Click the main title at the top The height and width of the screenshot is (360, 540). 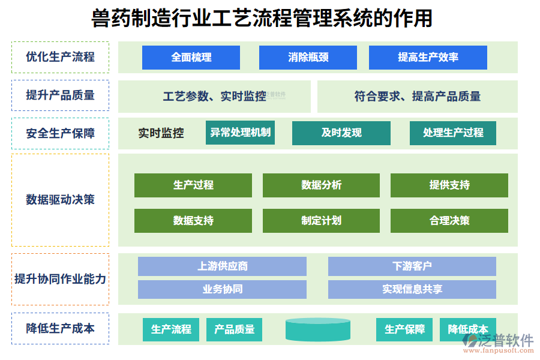click(262, 18)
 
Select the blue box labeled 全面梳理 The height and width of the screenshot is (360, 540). click(191, 58)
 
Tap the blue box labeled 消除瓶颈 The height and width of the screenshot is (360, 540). click(308, 58)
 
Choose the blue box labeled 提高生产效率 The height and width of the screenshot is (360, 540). click(428, 58)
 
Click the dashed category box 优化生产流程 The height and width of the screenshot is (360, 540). click(60, 58)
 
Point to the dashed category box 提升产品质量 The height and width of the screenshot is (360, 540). click(60, 95)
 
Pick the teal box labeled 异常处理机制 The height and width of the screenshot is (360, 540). click(240, 133)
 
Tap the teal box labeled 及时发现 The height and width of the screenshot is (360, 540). click(341, 133)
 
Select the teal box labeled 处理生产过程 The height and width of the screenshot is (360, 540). click(453, 133)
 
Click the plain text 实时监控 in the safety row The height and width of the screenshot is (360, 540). click(161, 133)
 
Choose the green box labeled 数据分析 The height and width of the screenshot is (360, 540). click(321, 185)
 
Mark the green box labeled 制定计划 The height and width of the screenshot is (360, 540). click(321, 221)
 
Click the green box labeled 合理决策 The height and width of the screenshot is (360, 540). click(449, 221)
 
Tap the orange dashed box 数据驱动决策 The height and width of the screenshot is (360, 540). click(60, 200)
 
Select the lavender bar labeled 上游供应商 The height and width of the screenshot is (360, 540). click(222, 266)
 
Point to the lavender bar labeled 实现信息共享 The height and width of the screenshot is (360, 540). click(412, 289)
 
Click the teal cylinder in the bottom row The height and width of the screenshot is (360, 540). click(317, 329)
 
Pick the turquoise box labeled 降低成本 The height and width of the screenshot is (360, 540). click(468, 329)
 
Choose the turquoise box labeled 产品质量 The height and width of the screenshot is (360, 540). click(234, 329)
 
